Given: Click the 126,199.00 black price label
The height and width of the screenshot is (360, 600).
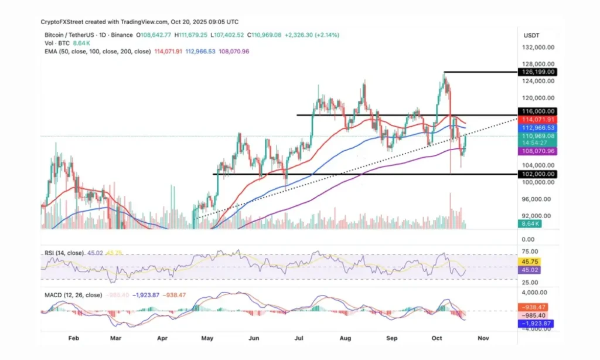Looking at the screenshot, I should pyautogui.click(x=536, y=72).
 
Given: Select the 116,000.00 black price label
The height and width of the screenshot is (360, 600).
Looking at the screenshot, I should pyautogui.click(x=536, y=111).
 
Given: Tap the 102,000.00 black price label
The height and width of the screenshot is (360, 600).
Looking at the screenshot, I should pyautogui.click(x=536, y=174).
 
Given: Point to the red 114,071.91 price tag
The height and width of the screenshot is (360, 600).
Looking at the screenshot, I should pyautogui.click(x=536, y=119).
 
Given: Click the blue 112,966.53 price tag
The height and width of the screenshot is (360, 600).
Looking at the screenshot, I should pyautogui.click(x=536, y=128).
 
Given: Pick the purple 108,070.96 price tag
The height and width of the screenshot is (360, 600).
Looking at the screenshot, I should pyautogui.click(x=536, y=151).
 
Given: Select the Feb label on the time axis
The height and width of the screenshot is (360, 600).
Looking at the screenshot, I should pyautogui.click(x=73, y=339).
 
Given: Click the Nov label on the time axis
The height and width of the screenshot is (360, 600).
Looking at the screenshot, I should pyautogui.click(x=483, y=339).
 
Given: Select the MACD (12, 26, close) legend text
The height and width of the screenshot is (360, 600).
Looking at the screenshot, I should pyautogui.click(x=73, y=295).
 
